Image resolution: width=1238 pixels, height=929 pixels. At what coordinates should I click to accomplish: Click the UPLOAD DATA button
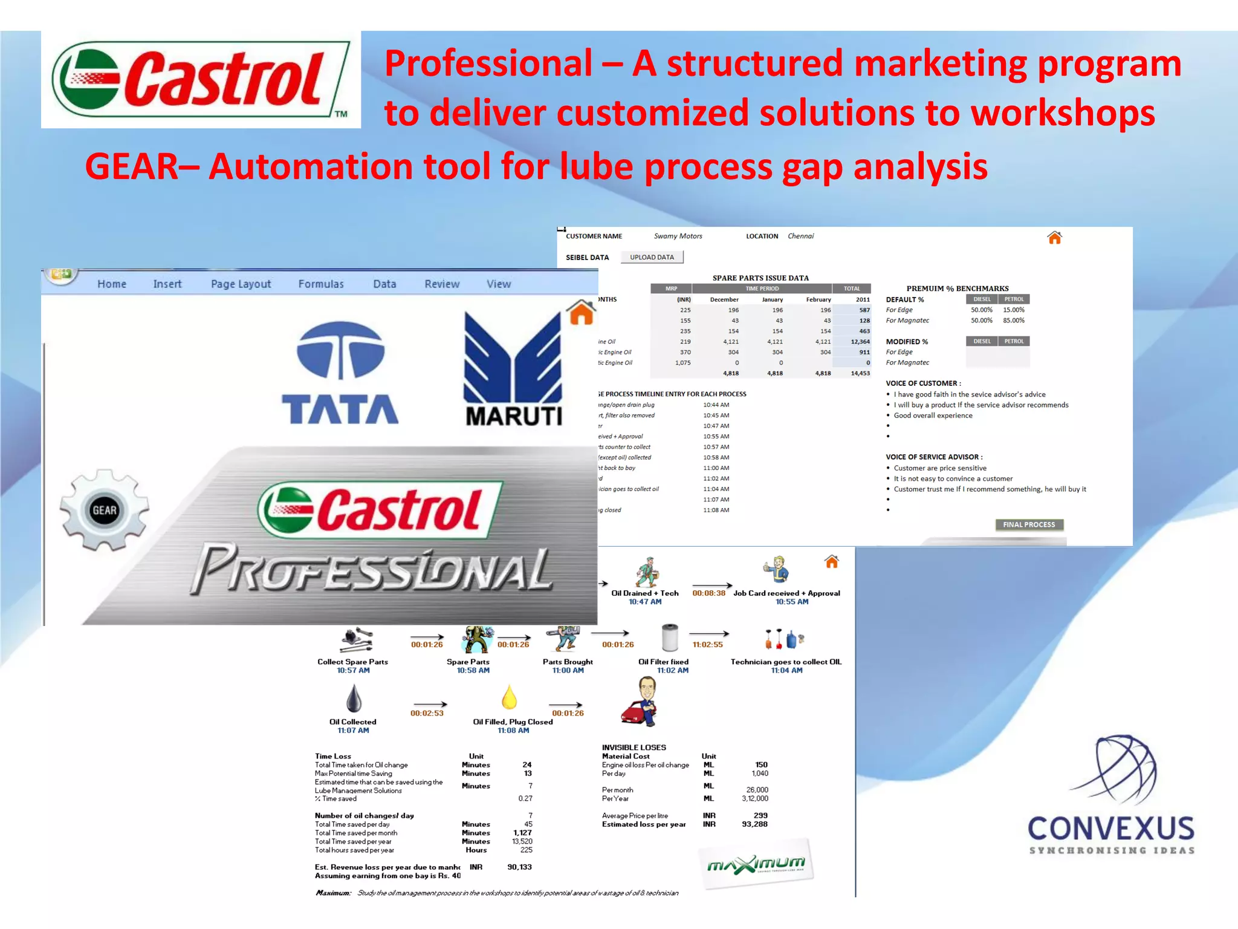[x=652, y=257]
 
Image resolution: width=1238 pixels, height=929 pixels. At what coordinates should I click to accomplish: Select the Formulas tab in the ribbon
[x=320, y=284]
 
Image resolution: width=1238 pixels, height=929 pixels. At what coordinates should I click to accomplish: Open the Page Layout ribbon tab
[x=241, y=284]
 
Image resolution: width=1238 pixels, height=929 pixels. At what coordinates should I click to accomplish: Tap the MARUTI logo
[x=513, y=370]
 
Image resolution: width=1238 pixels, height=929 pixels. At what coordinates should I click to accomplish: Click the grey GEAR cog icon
[x=105, y=510]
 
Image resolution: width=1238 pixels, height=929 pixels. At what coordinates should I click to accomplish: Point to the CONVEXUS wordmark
[x=1111, y=829]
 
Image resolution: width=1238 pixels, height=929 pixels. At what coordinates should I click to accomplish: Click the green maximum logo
[x=756, y=864]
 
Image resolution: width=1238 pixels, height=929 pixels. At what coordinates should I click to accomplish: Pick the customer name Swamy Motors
[x=678, y=236]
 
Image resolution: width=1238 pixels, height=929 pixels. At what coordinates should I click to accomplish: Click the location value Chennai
[x=800, y=236]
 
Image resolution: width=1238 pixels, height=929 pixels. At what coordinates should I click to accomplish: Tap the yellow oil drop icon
[x=510, y=697]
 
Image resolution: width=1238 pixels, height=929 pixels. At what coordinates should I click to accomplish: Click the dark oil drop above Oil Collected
[x=354, y=699]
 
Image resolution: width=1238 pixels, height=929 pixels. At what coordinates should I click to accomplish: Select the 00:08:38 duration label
[x=708, y=593]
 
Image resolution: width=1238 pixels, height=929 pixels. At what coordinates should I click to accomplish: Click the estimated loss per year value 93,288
[x=754, y=824]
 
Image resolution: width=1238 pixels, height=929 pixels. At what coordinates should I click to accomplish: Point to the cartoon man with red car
[x=641, y=702]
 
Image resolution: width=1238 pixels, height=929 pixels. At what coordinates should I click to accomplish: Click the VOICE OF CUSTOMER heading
[x=923, y=383]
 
